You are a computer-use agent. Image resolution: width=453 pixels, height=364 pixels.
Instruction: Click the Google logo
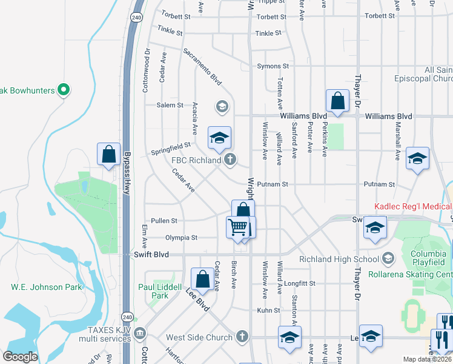[x=20, y=357]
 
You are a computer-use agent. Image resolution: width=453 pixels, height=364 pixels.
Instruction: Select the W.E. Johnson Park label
[x=38, y=287]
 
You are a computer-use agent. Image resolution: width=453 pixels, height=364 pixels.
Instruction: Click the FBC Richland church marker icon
[x=230, y=160]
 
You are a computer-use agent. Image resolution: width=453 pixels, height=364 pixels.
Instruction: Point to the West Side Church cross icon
[x=242, y=337]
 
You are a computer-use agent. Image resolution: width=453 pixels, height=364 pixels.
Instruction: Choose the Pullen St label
[x=164, y=221]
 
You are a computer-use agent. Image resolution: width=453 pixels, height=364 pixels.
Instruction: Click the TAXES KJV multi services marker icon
[x=140, y=333]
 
